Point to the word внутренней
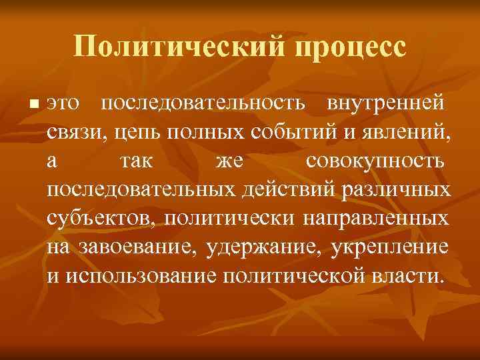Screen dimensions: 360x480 [387, 104]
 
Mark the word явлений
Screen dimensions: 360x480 [408, 133]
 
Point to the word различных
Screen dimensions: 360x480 [395, 190]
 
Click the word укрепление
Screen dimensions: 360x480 [390, 247]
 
